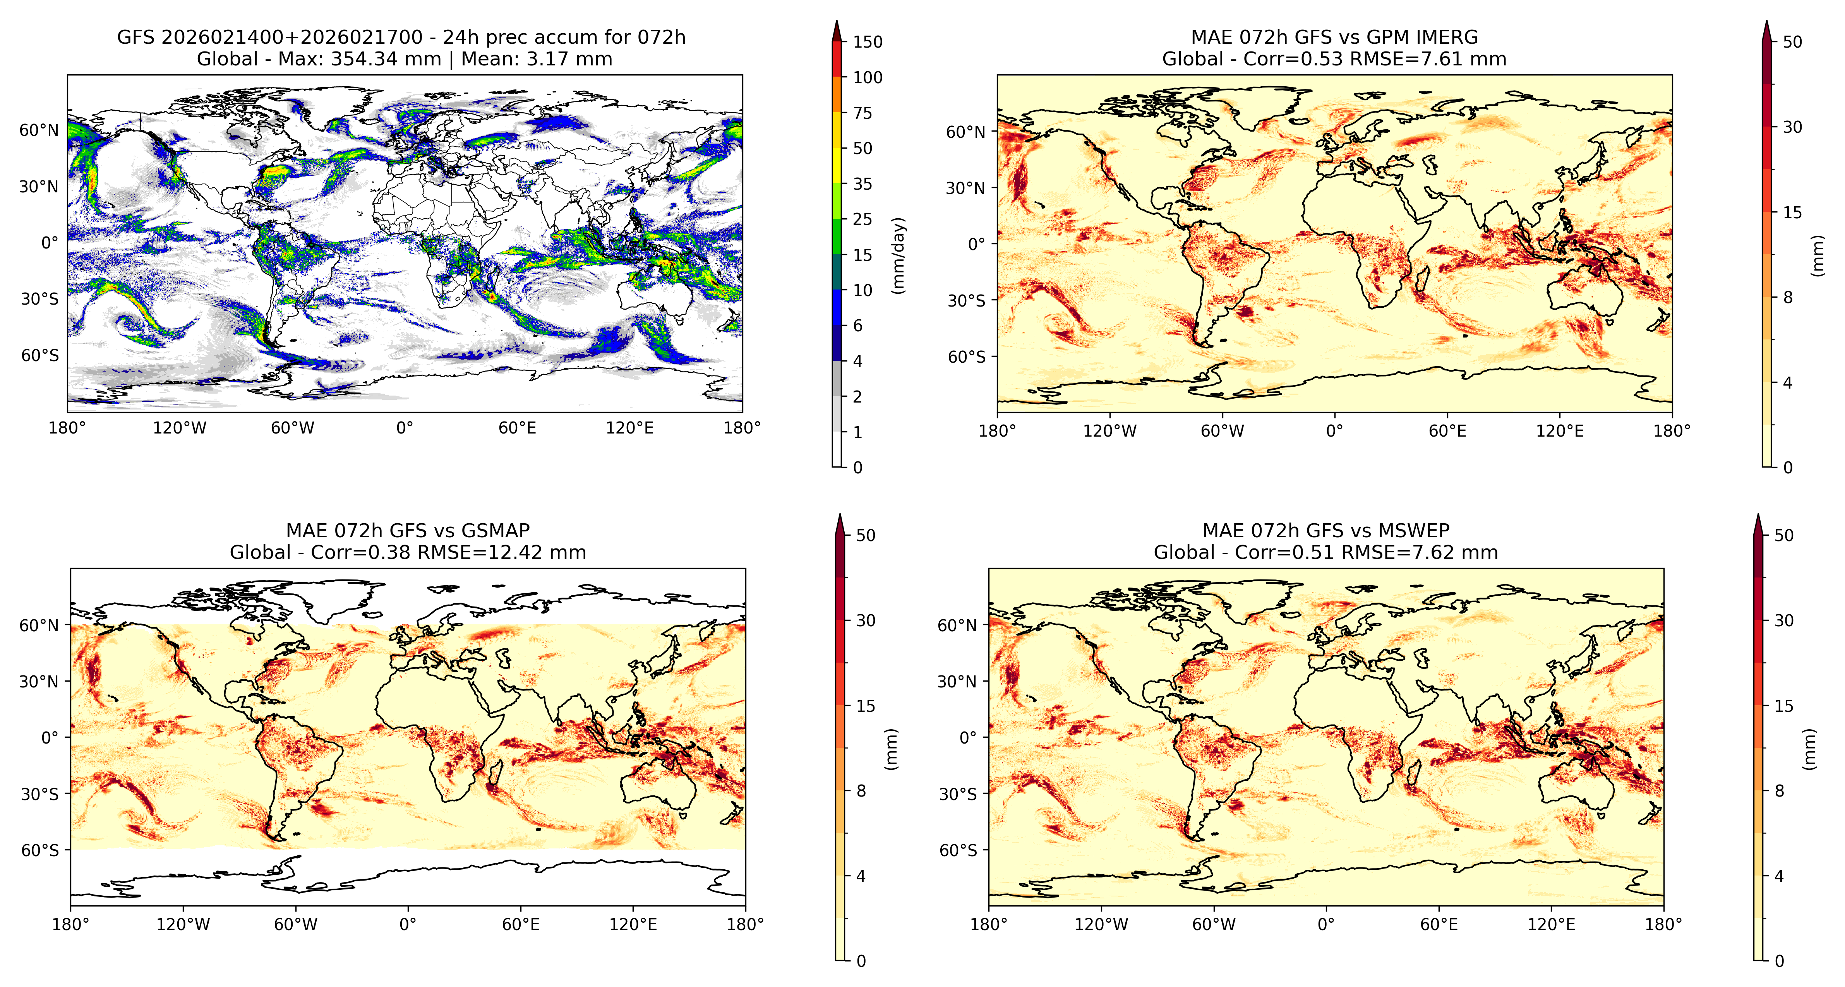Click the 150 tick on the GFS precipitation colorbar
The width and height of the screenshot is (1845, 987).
point(868,41)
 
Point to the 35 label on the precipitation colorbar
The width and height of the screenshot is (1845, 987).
point(862,184)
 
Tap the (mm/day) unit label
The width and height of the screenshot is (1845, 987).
point(898,255)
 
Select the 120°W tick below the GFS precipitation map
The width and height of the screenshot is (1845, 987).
point(180,428)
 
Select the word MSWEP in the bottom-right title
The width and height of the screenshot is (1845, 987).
point(1416,531)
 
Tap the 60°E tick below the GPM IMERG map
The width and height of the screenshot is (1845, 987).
point(1447,431)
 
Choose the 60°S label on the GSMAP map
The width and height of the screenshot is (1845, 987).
point(40,851)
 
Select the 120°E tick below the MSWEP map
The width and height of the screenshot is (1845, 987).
point(1551,925)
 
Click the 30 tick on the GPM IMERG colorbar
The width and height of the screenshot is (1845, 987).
point(1793,127)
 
